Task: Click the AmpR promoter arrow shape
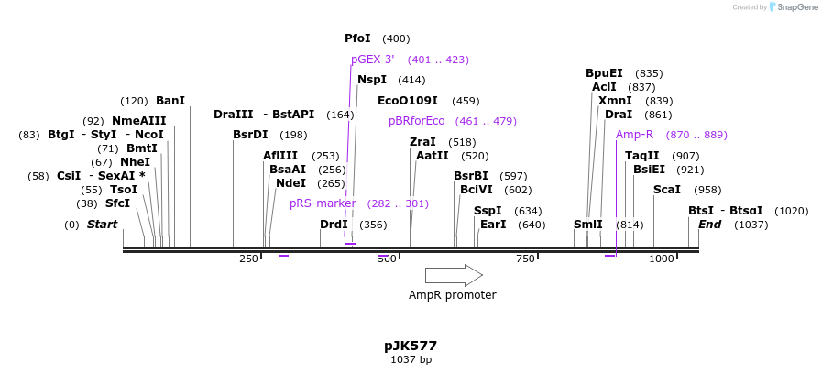[x=454, y=275]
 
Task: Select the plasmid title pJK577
[x=411, y=346]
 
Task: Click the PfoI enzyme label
[x=357, y=38]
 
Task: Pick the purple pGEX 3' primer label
[x=372, y=60]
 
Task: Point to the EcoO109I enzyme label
[x=408, y=101]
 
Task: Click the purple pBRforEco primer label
[x=417, y=121]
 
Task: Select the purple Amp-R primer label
[x=634, y=135]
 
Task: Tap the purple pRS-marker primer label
[x=323, y=203]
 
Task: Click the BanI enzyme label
[x=170, y=101]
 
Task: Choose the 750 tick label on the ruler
[x=525, y=259]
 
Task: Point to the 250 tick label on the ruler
[x=248, y=259]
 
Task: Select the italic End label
[x=710, y=225]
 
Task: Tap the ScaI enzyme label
[x=666, y=190]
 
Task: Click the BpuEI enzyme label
[x=604, y=73]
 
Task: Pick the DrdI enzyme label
[x=334, y=225]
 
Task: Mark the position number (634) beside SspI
[x=528, y=211]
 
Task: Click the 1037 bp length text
[x=411, y=360]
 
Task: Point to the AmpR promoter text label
[x=453, y=295]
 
